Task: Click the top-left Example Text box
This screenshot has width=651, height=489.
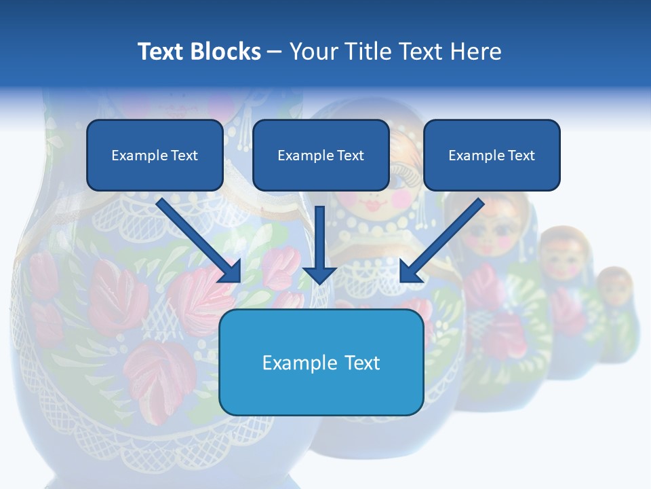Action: (x=155, y=156)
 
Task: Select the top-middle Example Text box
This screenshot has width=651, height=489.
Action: (x=321, y=156)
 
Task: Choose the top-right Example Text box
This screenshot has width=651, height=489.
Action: (x=492, y=156)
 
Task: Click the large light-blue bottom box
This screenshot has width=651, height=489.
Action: (x=321, y=362)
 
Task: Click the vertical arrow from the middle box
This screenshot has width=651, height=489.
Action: (x=319, y=244)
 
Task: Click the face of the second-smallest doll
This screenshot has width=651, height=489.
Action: (x=564, y=261)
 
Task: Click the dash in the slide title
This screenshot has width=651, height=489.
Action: (x=275, y=52)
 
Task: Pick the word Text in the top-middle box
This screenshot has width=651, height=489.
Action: (x=350, y=156)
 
